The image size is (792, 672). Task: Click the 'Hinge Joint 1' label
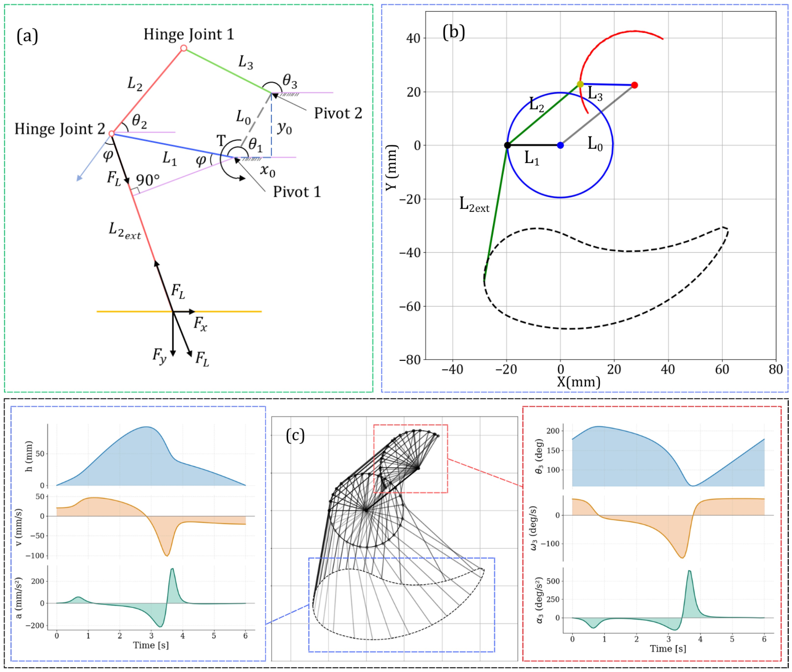(188, 35)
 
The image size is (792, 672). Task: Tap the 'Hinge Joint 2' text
(60, 129)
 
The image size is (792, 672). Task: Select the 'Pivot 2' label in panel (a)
(338, 113)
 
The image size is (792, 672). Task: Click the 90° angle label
(148, 180)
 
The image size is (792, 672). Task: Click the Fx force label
(200, 323)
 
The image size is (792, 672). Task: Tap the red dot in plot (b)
(634, 85)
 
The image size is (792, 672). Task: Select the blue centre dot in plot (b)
(560, 145)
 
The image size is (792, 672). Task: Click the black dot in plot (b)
(507, 145)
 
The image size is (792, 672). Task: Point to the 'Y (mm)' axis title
(391, 168)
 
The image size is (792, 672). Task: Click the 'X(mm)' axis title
(579, 382)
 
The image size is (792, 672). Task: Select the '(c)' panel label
(295, 435)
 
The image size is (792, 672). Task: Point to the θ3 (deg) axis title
(539, 456)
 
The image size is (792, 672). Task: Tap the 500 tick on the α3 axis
(552, 581)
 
